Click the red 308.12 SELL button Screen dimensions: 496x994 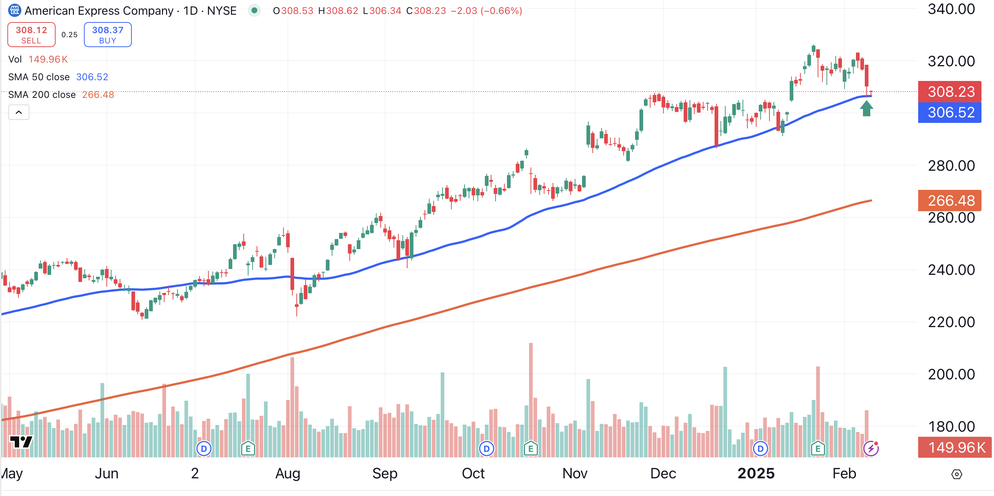31,35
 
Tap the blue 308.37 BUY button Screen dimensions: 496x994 107,35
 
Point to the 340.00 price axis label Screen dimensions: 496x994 951,9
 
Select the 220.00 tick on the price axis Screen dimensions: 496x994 951,322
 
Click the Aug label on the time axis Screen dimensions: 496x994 288,473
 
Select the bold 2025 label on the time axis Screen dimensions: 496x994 755,473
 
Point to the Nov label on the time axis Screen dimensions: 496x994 575,473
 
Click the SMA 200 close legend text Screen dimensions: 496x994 42,95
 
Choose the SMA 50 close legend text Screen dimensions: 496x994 39,77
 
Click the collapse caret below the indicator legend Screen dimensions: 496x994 18,112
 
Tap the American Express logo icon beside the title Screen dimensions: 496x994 15,10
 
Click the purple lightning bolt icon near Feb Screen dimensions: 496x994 871,448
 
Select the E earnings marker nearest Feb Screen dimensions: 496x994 818,449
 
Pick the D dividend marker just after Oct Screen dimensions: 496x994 487,449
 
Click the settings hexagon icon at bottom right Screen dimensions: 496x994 956,474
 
